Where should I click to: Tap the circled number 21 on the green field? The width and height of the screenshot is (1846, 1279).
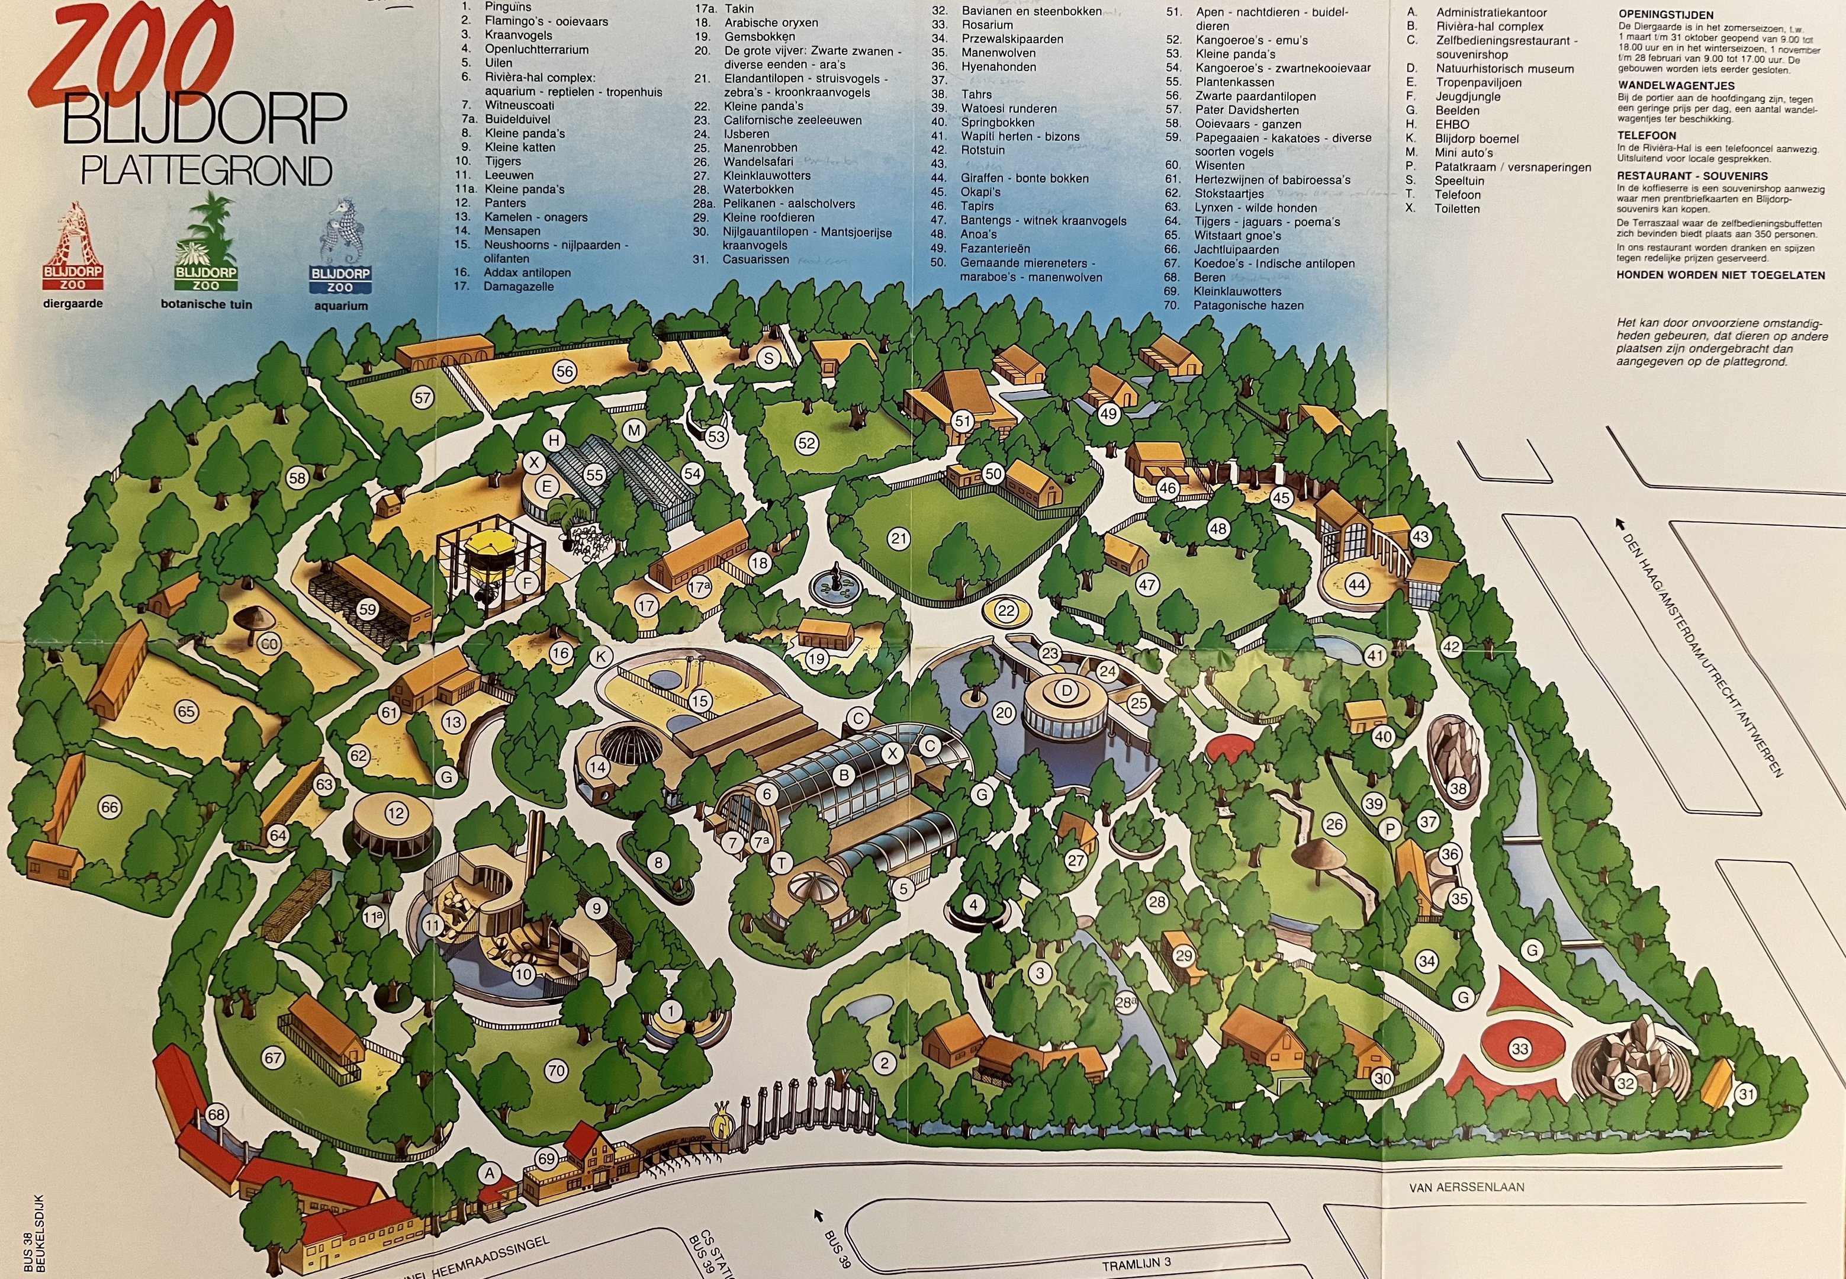pyautogui.click(x=899, y=538)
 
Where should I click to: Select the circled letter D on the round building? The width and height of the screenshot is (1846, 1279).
pyautogui.click(x=1066, y=689)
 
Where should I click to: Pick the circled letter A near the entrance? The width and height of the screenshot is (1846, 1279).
pyautogui.click(x=489, y=1173)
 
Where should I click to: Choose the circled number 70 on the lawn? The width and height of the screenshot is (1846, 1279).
pyautogui.click(x=556, y=1070)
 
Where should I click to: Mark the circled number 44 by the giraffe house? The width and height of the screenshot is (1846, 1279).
pyautogui.click(x=1356, y=585)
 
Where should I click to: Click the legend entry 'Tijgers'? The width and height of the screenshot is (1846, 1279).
pyautogui.click(x=503, y=161)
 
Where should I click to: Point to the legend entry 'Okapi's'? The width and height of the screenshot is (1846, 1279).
pyautogui.click(x=982, y=192)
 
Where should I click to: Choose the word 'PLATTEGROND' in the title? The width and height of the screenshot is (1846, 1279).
pyautogui.click(x=207, y=171)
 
